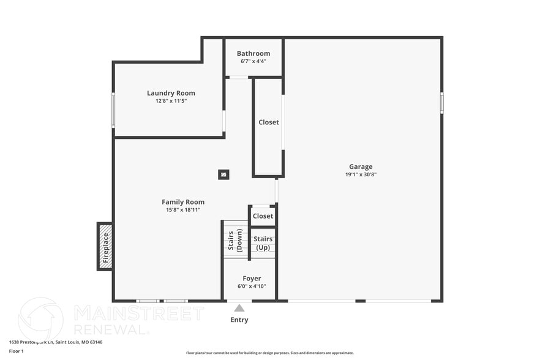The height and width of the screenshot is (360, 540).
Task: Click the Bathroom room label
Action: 253,53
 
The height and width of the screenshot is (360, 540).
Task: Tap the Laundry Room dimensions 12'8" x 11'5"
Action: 171,100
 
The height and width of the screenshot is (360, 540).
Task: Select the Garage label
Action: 361,167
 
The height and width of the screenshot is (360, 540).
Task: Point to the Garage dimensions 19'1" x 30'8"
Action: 361,174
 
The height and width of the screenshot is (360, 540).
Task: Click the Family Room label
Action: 183,202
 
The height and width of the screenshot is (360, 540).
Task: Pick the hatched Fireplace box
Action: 105,246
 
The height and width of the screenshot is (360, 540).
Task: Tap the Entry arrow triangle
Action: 239,308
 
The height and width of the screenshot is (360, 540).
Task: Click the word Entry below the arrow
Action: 239,320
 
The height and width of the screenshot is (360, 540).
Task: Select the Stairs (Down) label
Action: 234,240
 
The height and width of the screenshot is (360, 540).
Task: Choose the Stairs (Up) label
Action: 263,243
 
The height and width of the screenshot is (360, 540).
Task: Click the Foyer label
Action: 252,279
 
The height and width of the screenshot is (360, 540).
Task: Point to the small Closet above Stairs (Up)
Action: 263,216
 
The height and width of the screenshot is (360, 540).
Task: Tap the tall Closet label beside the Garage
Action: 268,122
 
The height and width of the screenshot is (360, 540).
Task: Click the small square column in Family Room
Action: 223,174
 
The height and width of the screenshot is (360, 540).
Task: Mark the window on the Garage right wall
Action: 441,103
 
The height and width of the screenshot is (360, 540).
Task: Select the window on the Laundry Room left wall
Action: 113,110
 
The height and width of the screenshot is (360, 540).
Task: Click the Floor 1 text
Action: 16,351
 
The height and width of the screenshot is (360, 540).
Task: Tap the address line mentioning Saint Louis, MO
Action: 55,342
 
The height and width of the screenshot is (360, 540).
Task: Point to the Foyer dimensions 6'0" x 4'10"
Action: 252,286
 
